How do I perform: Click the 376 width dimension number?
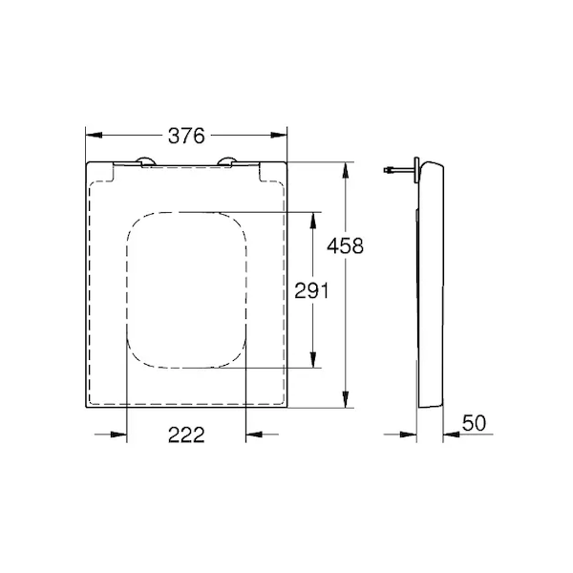coord(186,136)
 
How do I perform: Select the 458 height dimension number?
coord(346,245)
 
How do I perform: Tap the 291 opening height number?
coord(311,290)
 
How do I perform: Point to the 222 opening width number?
coord(186,435)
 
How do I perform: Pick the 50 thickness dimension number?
coord(474,423)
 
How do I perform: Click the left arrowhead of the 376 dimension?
coord(94,136)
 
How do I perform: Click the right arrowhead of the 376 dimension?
coord(279,136)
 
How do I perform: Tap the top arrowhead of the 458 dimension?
coord(346,170)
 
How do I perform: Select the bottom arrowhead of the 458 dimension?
coord(346,399)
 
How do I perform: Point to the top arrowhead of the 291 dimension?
coord(313,221)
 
